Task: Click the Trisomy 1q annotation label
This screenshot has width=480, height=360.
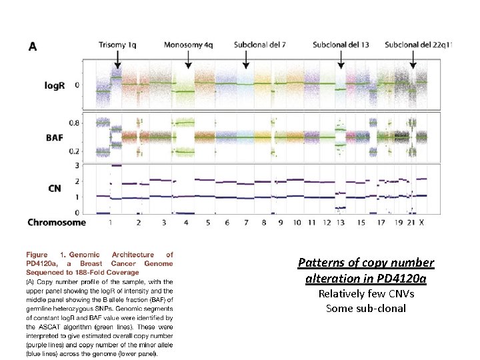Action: (x=119, y=45)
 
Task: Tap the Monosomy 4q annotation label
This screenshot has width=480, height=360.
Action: (x=188, y=45)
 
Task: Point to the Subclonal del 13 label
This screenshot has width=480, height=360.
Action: (x=341, y=45)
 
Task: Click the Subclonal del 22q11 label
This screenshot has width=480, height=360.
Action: (x=419, y=45)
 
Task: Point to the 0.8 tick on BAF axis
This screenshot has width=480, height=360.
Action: (x=95, y=123)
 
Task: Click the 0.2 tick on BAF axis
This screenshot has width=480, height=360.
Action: (x=95, y=152)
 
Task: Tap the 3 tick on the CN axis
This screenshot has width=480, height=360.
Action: (x=95, y=165)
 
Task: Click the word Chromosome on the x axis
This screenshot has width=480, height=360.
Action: (x=57, y=222)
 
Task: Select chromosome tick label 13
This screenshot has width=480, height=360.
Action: (x=342, y=222)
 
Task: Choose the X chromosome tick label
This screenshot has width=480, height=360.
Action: (x=421, y=222)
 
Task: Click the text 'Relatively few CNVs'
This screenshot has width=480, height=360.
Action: (x=365, y=294)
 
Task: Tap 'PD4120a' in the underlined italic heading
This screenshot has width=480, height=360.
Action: (x=400, y=278)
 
